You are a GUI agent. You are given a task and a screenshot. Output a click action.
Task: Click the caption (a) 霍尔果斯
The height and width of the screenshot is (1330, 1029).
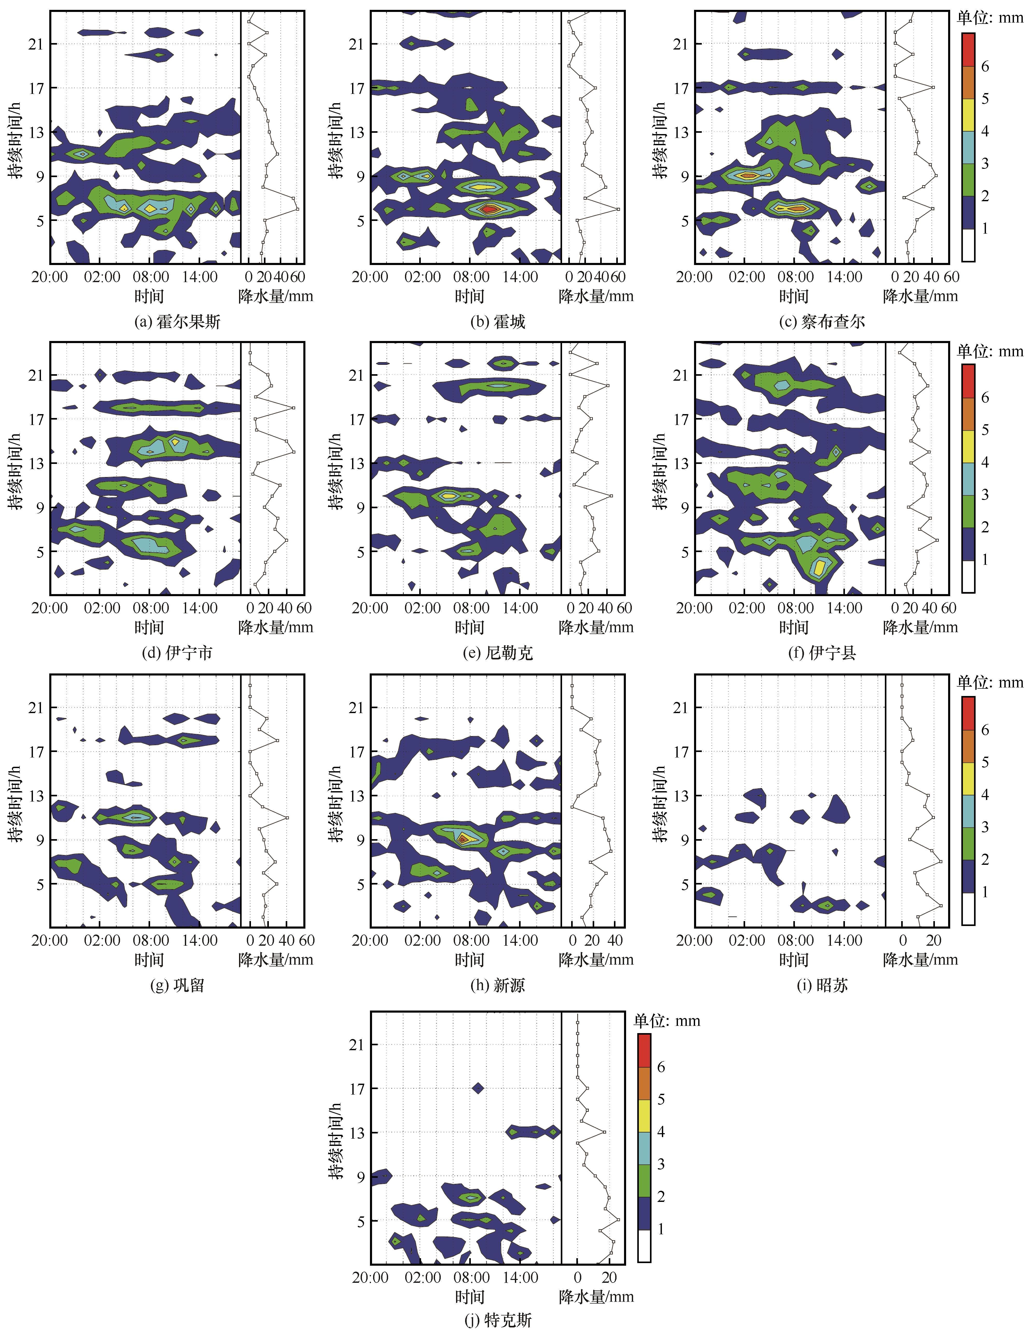tap(177, 322)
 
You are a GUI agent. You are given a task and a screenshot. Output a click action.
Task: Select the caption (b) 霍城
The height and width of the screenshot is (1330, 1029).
tap(498, 322)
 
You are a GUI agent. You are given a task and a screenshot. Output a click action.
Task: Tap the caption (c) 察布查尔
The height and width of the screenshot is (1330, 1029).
tap(822, 322)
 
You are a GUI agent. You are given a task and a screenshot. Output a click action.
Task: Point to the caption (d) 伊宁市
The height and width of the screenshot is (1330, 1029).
tap(177, 653)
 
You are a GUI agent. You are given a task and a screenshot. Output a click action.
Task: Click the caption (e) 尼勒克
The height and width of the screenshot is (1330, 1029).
tap(498, 653)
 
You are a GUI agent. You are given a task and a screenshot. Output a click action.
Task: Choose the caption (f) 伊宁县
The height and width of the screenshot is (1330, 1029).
tap(822, 653)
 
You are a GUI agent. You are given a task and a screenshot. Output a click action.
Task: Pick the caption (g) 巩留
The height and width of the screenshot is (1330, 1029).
tap(177, 985)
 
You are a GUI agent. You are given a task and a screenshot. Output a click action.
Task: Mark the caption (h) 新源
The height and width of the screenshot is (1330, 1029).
tap(498, 985)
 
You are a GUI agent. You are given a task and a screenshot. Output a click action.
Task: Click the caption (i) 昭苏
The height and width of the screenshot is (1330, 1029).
tap(822, 985)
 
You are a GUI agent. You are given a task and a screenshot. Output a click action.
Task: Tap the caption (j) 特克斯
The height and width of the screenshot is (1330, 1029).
tap(498, 1319)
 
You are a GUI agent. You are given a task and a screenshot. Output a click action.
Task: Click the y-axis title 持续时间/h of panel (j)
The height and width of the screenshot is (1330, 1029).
tap(337, 1140)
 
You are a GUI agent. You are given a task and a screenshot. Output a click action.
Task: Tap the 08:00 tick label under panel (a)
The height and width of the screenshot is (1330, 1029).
tap(151, 277)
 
